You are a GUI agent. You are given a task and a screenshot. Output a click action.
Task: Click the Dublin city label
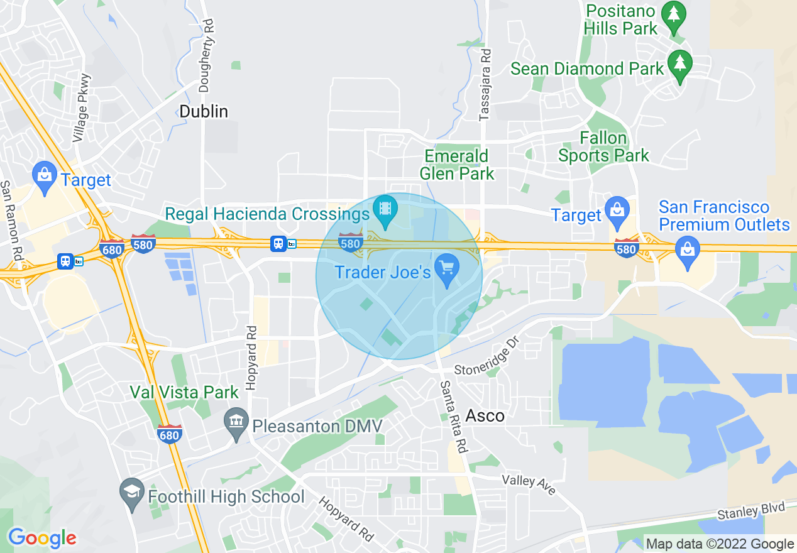coord(204,111)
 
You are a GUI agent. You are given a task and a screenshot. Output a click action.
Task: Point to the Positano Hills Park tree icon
coord(674,16)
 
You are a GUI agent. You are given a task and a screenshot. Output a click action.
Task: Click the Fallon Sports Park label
coord(603,146)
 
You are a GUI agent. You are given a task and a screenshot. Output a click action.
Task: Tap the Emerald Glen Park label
coord(456,165)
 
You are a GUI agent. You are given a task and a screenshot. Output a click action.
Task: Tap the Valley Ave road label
coord(529,484)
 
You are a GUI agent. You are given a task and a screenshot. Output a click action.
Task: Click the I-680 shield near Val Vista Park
coord(170,434)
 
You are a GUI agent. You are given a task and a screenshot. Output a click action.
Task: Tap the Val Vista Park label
coord(184,393)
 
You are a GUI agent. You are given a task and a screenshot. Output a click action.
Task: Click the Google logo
coord(42,538)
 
